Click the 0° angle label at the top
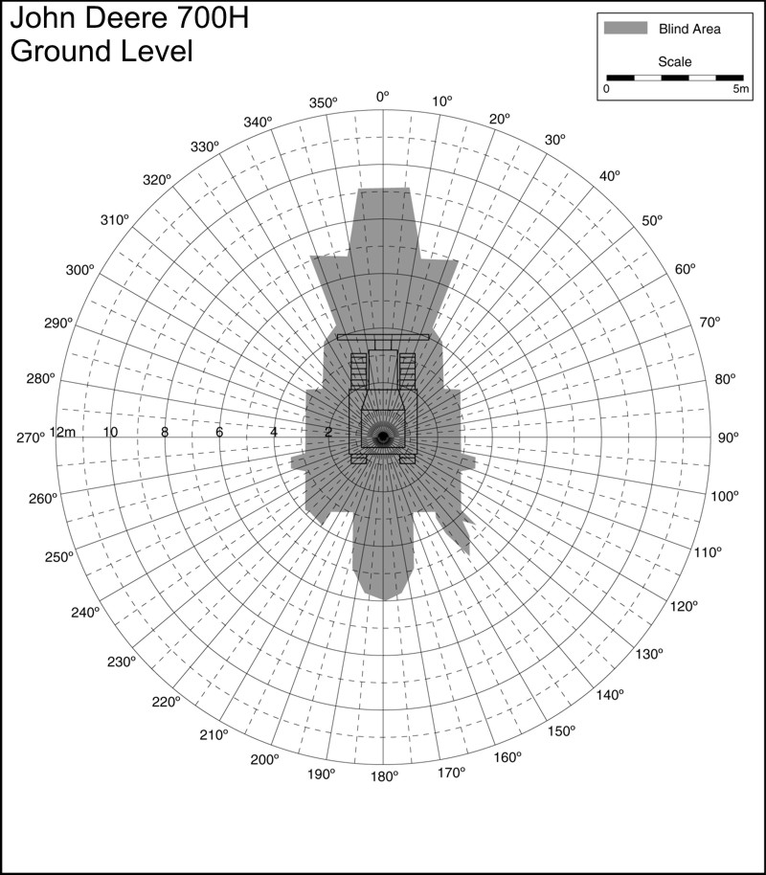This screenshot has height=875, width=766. point(382,97)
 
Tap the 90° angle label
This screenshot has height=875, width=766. point(728,438)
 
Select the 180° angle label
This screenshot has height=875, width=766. point(385,776)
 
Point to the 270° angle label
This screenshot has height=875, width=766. point(30,438)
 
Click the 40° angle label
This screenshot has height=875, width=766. point(610,176)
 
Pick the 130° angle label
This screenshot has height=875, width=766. point(649,654)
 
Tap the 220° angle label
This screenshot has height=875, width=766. point(166,702)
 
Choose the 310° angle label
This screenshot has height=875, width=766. point(115,220)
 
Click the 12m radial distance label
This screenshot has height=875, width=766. point(62,432)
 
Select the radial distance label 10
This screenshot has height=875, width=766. point(110,432)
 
